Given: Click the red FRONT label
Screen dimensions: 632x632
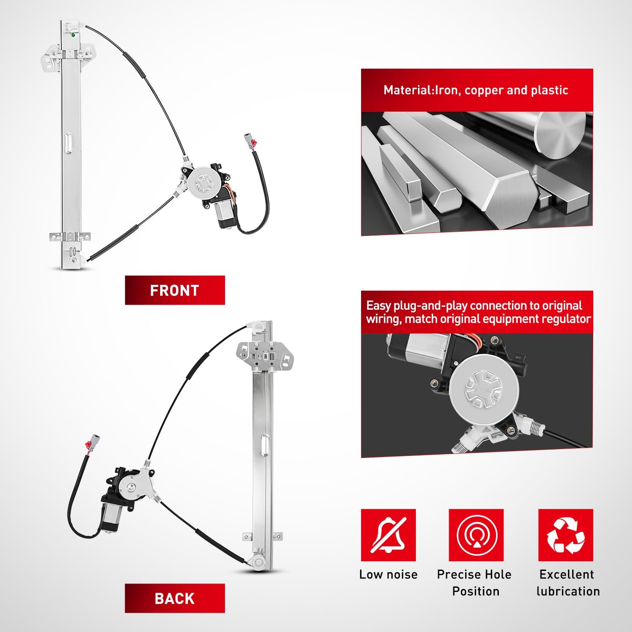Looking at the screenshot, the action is coord(175,290).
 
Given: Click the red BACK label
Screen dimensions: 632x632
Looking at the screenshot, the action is coord(175,598).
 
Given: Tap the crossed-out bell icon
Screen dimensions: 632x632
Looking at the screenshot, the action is coord(388,535).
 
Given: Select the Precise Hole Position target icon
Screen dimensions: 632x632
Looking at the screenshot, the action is coord(476,535).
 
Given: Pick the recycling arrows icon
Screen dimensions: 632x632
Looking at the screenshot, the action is coord(566,535).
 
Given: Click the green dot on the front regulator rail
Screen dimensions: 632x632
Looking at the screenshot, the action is coord(73,35).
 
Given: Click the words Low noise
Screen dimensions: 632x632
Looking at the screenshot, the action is coord(388,574).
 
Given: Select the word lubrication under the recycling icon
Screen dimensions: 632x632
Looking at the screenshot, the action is coord(568,591).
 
